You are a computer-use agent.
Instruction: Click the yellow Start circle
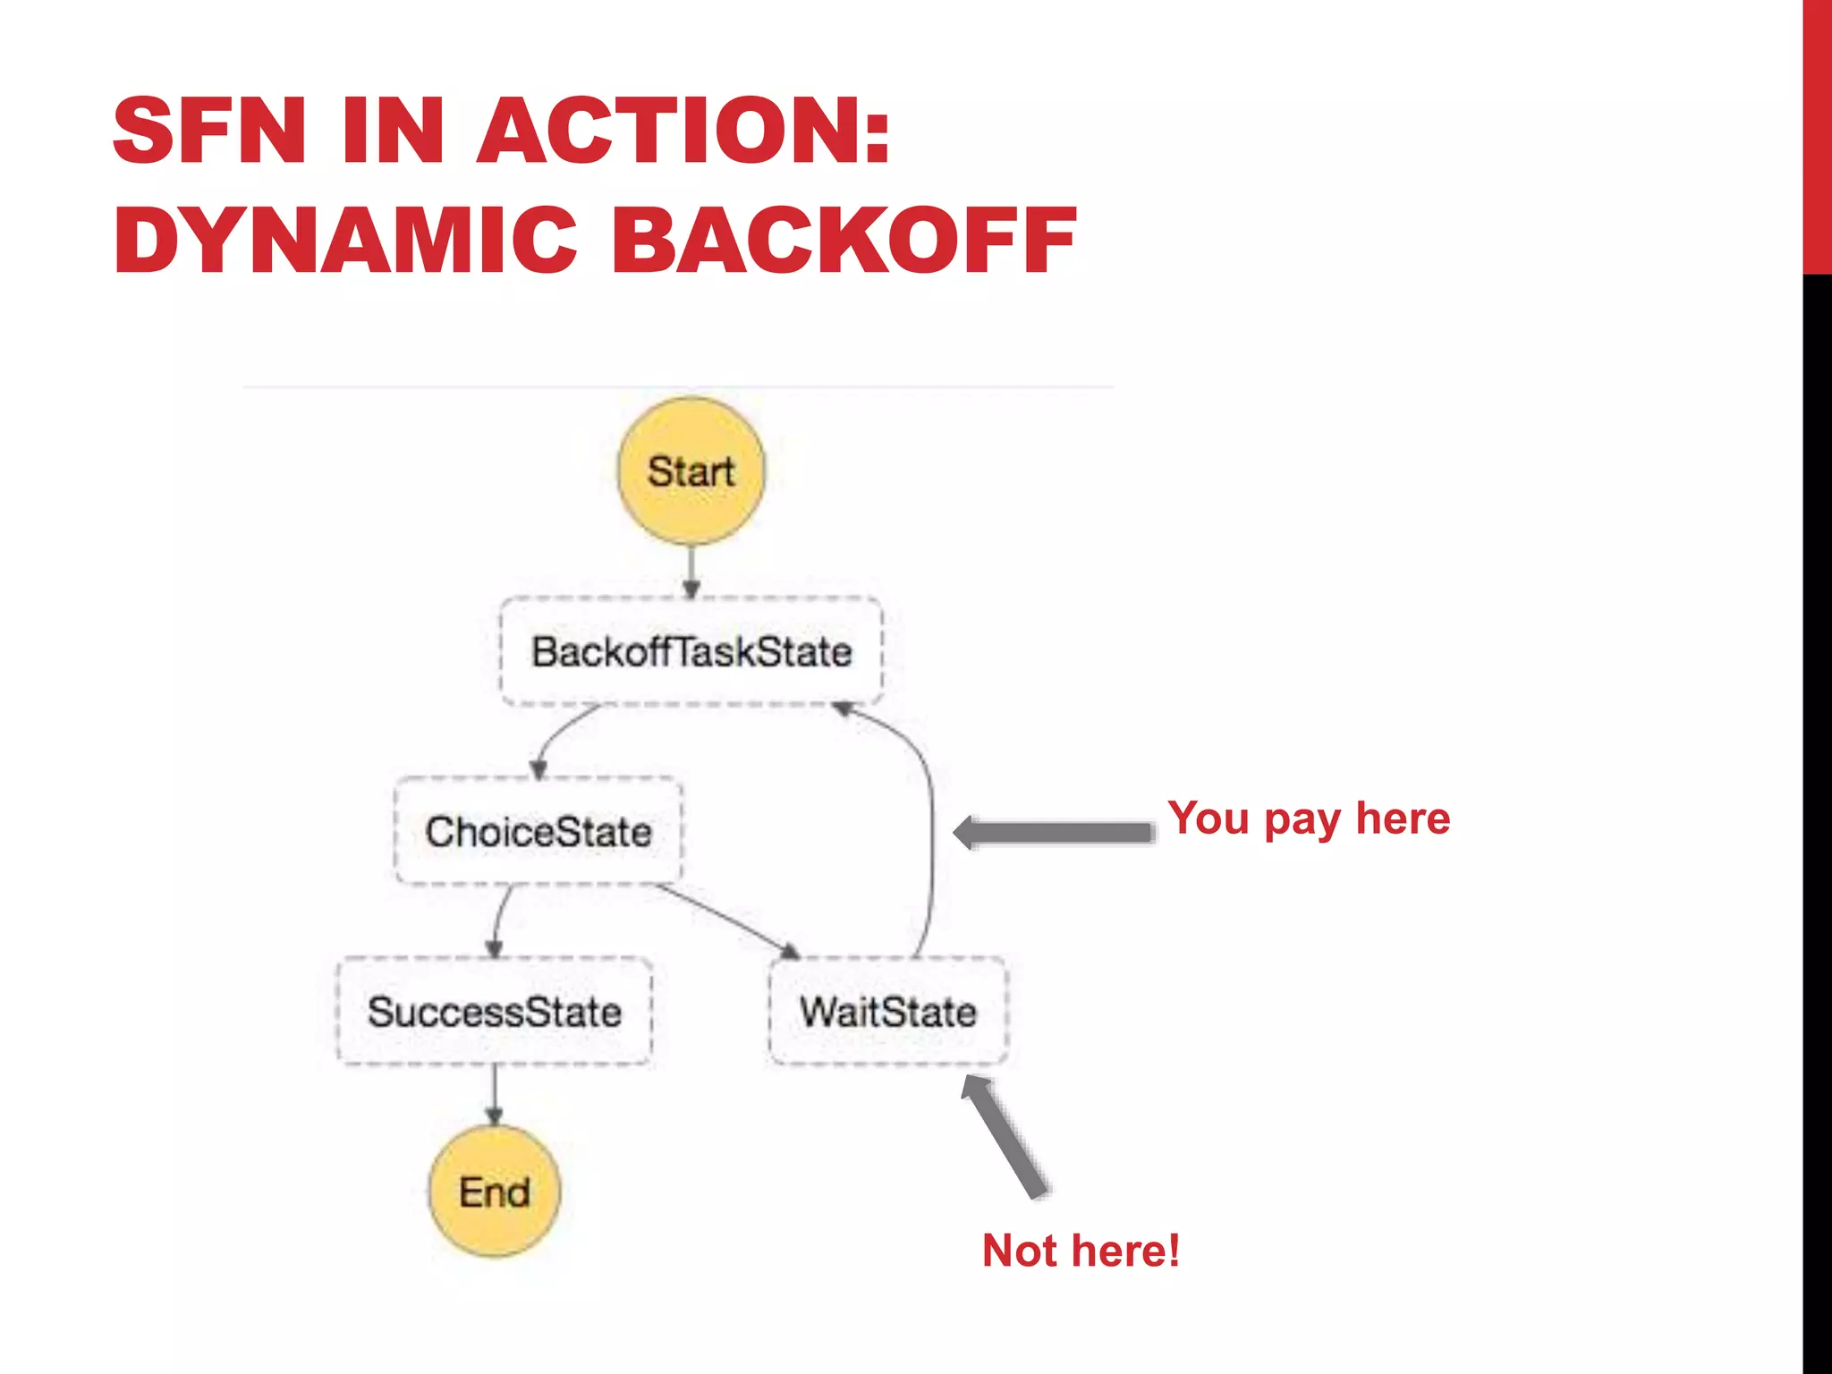point(691,471)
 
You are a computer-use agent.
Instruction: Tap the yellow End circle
point(494,1192)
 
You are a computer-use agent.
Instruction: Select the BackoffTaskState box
point(691,651)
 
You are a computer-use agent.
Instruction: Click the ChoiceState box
point(538,831)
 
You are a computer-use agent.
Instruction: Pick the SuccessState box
point(494,1012)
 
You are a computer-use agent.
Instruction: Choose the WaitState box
point(887,1012)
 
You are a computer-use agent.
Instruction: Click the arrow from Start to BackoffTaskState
point(691,571)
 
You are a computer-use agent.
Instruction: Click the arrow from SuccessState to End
point(494,1095)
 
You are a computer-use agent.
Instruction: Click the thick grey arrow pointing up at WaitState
point(1005,1136)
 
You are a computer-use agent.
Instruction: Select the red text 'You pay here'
point(1308,818)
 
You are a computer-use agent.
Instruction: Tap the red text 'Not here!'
point(1081,1250)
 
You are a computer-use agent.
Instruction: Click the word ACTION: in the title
point(684,131)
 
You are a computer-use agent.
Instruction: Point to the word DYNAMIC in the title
point(345,240)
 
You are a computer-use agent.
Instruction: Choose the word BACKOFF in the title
point(844,240)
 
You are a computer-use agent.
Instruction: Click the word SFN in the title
point(210,131)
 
